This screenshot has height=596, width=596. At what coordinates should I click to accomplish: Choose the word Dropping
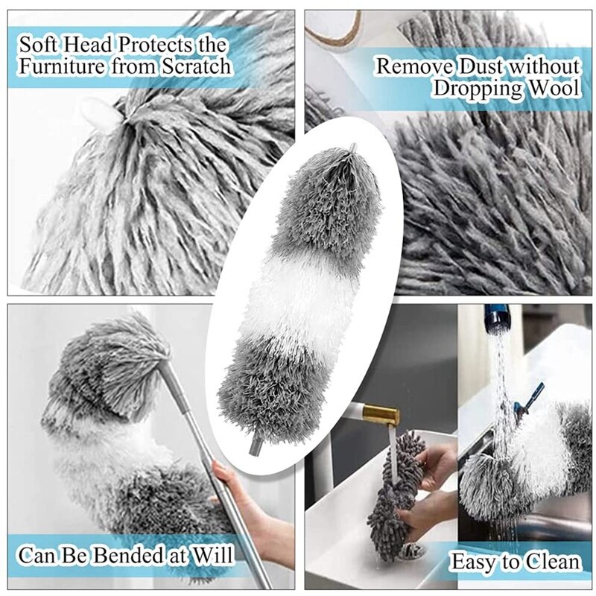pos(475,89)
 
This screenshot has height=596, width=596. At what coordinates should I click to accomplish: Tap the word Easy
pos(476,561)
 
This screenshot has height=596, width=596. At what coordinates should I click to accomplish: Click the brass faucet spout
pos(381,413)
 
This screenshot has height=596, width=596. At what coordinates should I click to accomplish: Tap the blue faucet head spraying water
pos(496,320)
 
